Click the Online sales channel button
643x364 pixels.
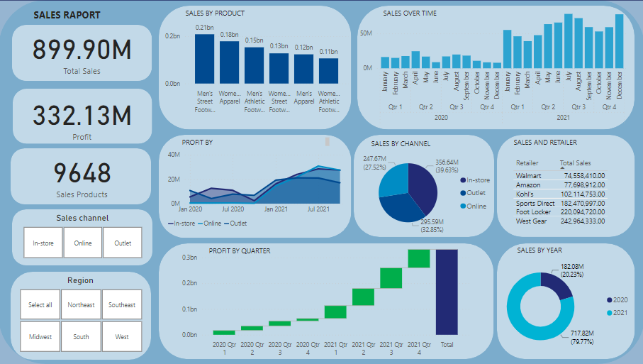tap(83, 243)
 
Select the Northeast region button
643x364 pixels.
tap(81, 304)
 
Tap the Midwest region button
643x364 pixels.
tap(40, 336)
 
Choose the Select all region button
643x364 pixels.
tap(40, 304)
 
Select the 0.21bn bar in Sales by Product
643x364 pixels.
tap(204, 59)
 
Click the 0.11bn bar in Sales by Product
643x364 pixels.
tap(328, 71)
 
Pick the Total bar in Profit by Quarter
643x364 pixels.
tap(447, 291)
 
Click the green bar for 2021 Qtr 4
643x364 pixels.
tap(419, 259)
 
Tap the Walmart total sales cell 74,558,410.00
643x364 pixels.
tap(580, 175)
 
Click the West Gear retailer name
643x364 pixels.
tap(531, 221)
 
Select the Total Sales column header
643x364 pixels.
tap(575, 162)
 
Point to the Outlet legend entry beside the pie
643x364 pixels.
tap(475, 193)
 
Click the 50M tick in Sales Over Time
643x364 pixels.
tap(367, 33)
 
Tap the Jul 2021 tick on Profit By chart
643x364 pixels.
tap(318, 209)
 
